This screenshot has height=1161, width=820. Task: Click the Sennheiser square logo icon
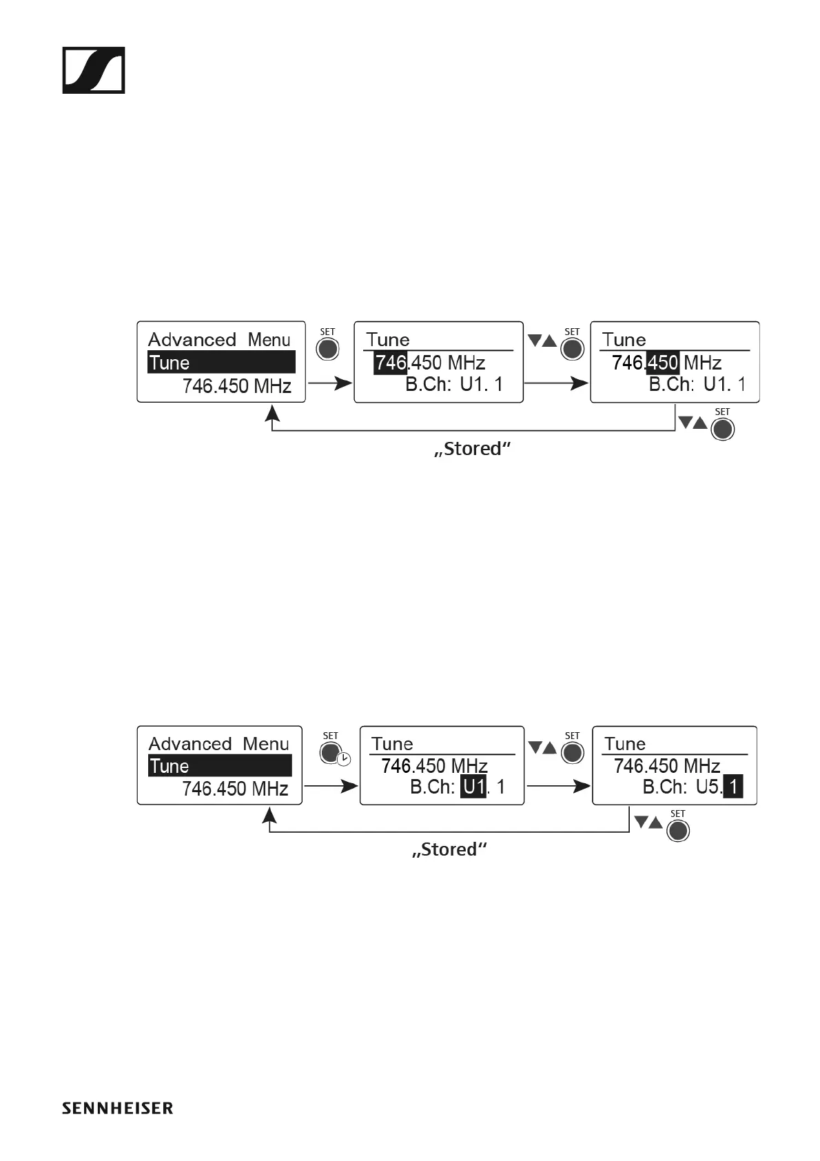pyautogui.click(x=94, y=70)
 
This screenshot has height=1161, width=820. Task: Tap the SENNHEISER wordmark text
pyautogui.click(x=117, y=1109)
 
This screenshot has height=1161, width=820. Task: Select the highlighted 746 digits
pyautogui.click(x=391, y=363)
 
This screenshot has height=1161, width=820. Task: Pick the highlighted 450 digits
pyautogui.click(x=662, y=363)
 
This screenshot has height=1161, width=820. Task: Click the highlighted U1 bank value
pyautogui.click(x=474, y=787)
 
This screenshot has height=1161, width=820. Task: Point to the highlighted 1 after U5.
pyautogui.click(x=734, y=787)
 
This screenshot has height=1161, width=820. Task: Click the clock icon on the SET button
pyautogui.click(x=343, y=759)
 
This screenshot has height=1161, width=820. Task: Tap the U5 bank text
pyautogui.click(x=708, y=787)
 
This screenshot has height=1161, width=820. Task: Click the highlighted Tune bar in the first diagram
pyautogui.click(x=221, y=363)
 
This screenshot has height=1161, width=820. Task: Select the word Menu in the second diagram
pyautogui.click(x=266, y=744)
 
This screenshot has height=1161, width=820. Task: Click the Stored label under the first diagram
pyautogui.click(x=473, y=449)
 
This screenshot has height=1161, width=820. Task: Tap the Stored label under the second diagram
pyautogui.click(x=449, y=849)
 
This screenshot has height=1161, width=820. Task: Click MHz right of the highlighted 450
pyautogui.click(x=702, y=363)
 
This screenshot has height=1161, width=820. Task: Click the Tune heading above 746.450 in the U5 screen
pyautogui.click(x=625, y=744)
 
